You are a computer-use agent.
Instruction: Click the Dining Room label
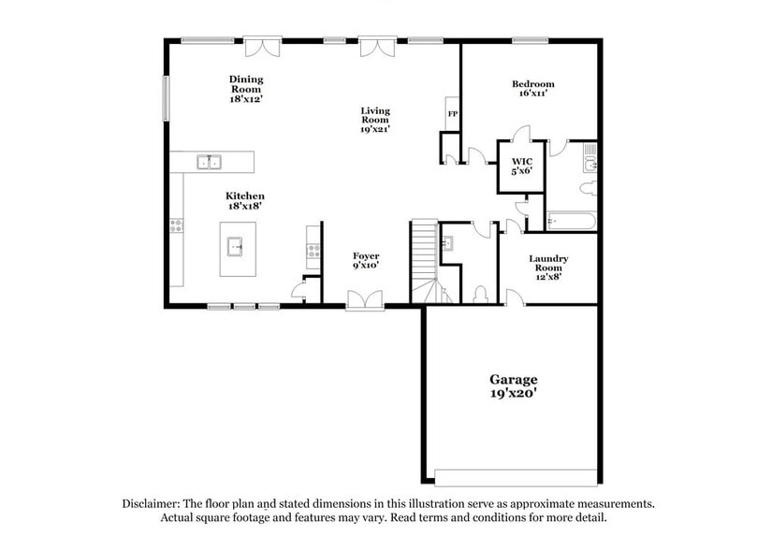[x=246, y=88]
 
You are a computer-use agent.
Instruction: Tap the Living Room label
[x=375, y=120]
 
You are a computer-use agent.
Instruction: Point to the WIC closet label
[x=521, y=166]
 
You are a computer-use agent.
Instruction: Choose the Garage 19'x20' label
[x=514, y=386]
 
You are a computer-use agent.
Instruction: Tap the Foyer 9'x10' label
[x=366, y=261]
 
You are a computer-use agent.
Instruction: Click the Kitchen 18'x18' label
[x=244, y=201]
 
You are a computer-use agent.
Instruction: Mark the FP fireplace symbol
[x=452, y=114]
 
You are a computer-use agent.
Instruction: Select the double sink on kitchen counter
[x=210, y=162]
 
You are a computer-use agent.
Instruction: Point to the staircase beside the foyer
[x=424, y=262]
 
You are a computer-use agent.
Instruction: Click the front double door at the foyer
[x=364, y=300]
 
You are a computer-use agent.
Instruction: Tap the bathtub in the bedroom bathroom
[x=571, y=222]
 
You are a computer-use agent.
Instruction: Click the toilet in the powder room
[x=480, y=294]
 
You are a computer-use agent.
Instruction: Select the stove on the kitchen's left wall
[x=175, y=224]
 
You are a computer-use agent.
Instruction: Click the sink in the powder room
[x=446, y=245]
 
